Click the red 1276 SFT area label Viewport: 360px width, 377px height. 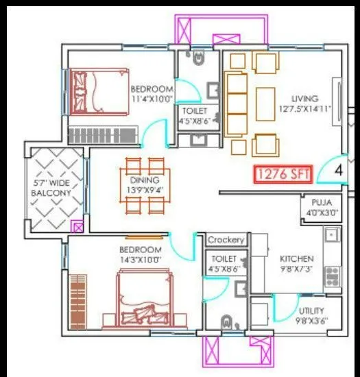[283, 175]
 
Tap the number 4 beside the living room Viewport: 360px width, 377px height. [339, 167]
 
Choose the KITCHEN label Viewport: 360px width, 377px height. [296, 258]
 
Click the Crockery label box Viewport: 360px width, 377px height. [226, 240]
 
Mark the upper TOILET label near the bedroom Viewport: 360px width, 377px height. [195, 110]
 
